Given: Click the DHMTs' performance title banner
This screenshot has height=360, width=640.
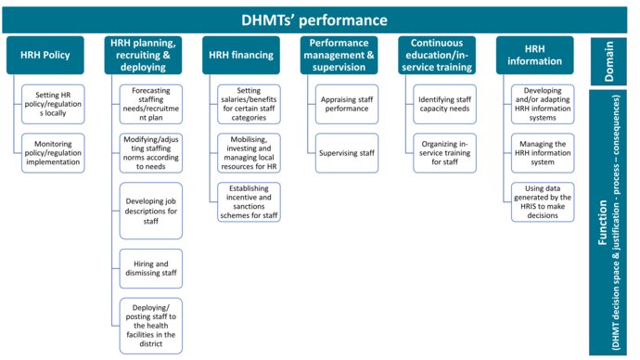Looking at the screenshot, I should [315, 19].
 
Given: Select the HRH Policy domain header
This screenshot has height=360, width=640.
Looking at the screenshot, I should [46, 56].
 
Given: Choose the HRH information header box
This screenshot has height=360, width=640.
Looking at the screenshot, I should [535, 56].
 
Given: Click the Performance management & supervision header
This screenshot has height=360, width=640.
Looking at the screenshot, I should [339, 56].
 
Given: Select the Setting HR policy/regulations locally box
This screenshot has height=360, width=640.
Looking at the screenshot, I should [53, 102].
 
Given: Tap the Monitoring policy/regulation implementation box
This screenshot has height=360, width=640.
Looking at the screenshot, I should [53, 153].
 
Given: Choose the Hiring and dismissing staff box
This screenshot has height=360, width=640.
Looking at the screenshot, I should [151, 268].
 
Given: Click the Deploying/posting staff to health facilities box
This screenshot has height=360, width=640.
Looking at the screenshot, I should [151, 325].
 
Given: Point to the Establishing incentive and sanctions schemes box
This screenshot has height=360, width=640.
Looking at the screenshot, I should [250, 201].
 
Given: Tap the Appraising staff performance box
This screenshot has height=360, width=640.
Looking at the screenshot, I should [347, 103].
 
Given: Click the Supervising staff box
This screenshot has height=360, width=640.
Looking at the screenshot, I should [347, 153].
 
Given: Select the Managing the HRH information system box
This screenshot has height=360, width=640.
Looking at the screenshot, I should [543, 153].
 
